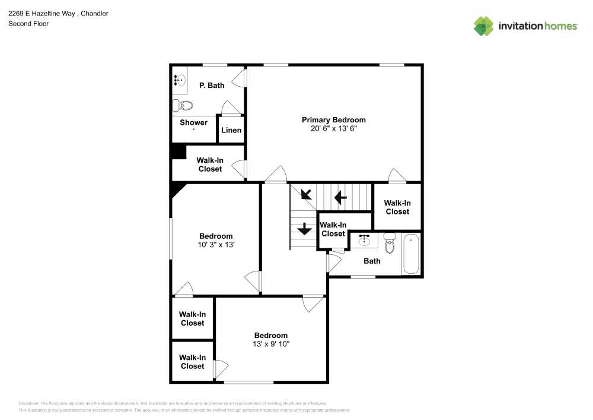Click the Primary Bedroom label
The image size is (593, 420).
coord(333,120)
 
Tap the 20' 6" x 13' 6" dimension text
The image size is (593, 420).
coord(333,128)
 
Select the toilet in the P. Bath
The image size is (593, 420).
coord(183,106)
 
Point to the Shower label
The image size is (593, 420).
coord(194,123)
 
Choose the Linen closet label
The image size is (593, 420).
coord(231,131)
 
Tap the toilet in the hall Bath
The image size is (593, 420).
coord(390,243)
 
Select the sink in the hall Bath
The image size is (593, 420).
coord(365,240)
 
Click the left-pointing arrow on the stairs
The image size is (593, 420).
coord(340,197)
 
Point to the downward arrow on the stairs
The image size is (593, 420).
coord(304,228)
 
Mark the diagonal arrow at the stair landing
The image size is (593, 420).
coord(307,194)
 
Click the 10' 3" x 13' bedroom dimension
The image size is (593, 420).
coord(216,245)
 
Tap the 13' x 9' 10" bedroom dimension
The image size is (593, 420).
coord(271,344)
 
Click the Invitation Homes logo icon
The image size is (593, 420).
coord(483,26)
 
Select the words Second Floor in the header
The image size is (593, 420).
coord(28,24)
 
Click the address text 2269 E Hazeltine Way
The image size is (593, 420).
coord(42,13)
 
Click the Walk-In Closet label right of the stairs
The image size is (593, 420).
coord(397,207)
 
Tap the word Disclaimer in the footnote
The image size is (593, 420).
coord(29,403)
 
